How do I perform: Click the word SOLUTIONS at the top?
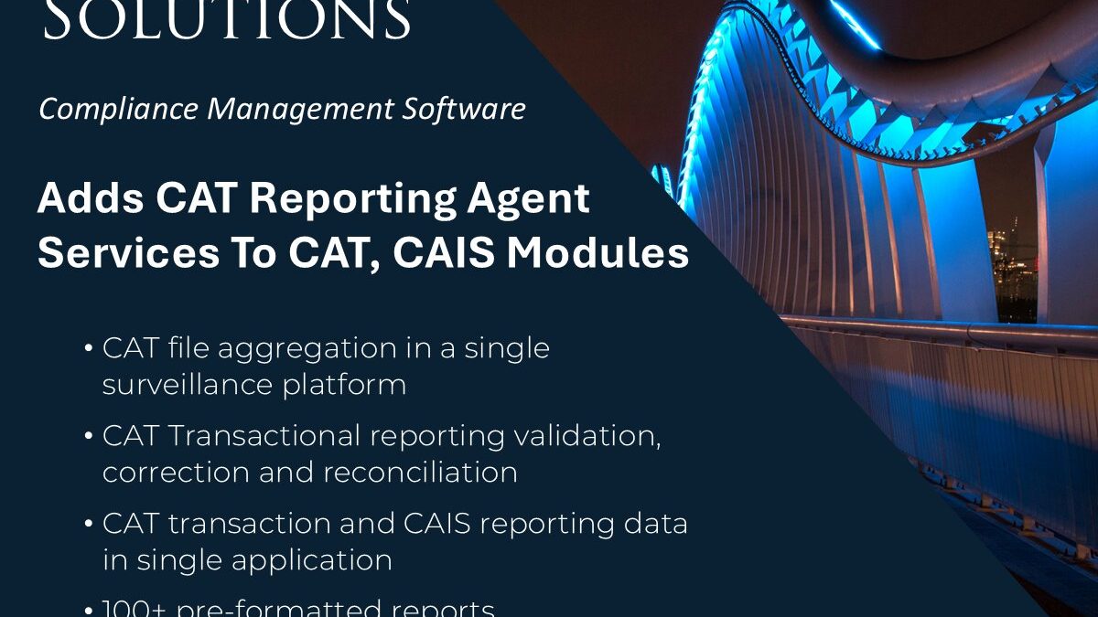pyautogui.click(x=227, y=20)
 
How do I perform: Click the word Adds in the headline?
pyautogui.click(x=76, y=198)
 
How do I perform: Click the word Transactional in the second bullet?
pyautogui.click(x=263, y=436)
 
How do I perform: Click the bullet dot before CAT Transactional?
pyautogui.click(x=88, y=437)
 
